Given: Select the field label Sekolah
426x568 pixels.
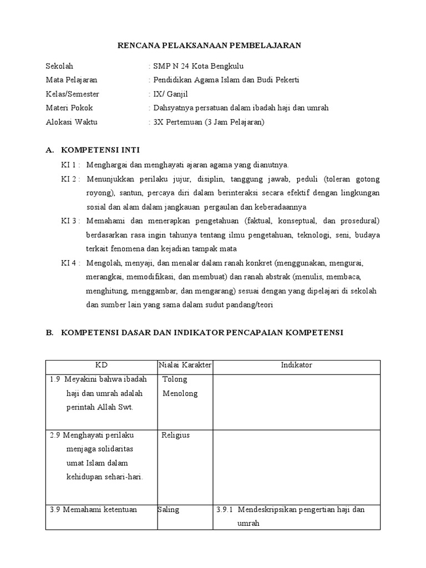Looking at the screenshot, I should (59, 66).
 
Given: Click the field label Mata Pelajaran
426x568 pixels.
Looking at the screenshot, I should (71, 80).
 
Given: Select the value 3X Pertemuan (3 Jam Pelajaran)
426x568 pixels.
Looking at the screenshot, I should (209, 121).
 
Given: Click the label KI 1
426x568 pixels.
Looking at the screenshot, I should (69, 165).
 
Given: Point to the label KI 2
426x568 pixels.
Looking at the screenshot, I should (69, 179).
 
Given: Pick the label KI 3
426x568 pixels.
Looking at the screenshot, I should (69, 220).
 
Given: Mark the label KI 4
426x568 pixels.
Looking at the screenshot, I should (69, 262).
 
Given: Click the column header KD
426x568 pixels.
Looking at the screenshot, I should (101, 365).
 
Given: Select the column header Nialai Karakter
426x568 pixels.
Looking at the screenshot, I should (185, 365).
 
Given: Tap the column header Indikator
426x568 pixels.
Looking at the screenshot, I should (296, 365).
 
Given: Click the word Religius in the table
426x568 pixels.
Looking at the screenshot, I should (175, 435).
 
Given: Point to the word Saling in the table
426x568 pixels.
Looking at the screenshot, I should (169, 510).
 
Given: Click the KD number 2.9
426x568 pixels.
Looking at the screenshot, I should (54, 435).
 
